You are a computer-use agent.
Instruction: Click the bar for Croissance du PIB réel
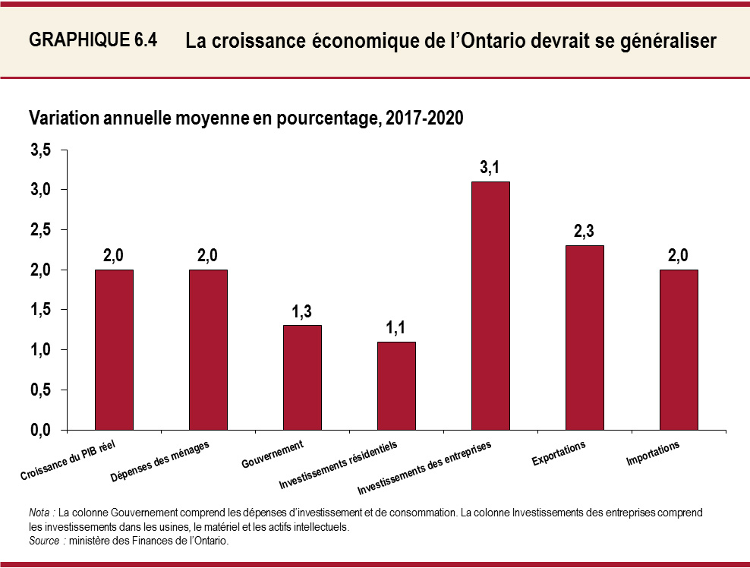(x=114, y=349)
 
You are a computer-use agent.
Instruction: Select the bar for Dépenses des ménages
(x=208, y=349)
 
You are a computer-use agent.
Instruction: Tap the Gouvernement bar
(x=302, y=377)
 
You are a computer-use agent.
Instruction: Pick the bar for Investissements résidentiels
(x=396, y=386)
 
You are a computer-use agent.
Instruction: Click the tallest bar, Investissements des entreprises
(x=490, y=305)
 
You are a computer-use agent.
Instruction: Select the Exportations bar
(x=585, y=337)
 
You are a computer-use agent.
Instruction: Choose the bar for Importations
(x=679, y=349)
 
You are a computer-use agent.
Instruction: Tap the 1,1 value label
(x=395, y=328)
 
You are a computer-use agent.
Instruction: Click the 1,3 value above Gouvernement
(x=301, y=311)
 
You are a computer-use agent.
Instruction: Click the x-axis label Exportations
(x=559, y=453)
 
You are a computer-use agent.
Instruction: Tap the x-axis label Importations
(x=653, y=453)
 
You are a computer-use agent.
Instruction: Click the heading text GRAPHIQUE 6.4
(x=93, y=41)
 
